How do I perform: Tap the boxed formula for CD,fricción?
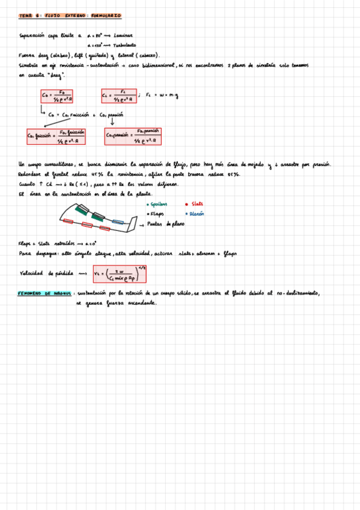[55, 137]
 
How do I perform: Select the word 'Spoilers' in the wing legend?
[158, 205]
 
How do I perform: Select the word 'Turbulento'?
[124, 45]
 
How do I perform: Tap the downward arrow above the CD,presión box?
[112, 122]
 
